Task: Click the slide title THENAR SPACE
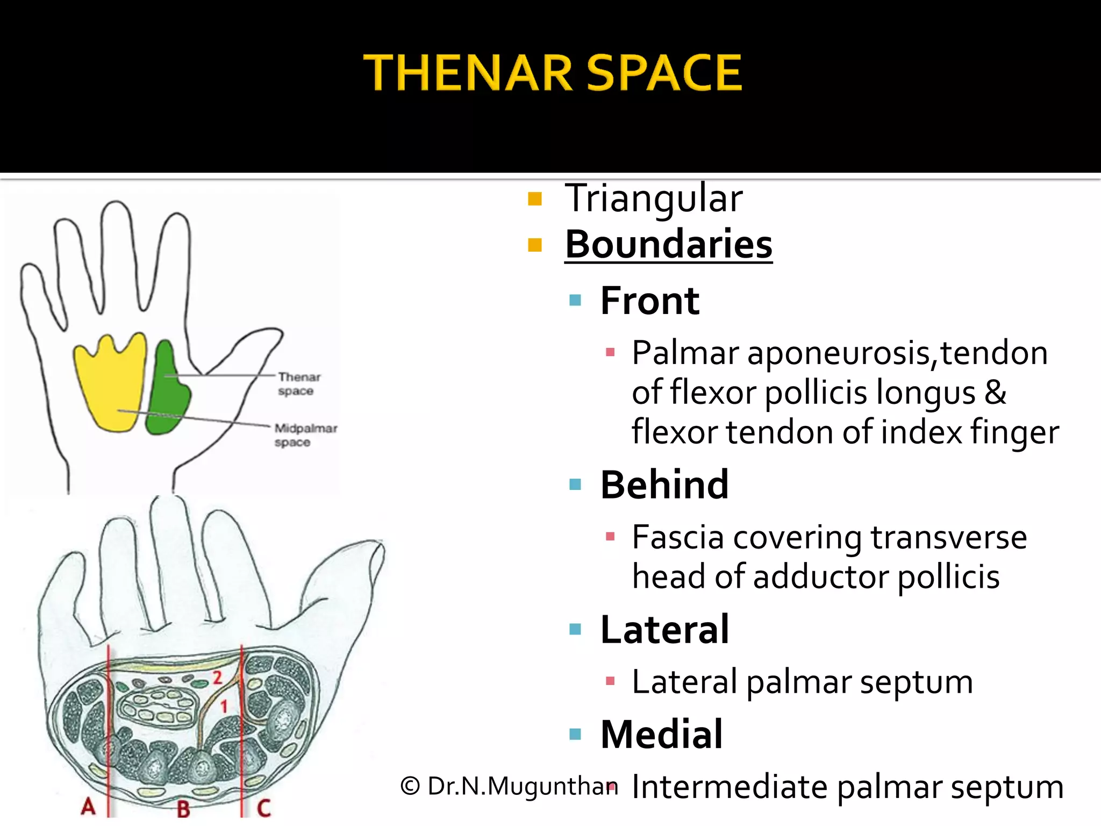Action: pos(553,73)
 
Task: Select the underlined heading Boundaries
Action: pos(668,245)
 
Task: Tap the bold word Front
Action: pos(649,301)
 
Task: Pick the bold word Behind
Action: pos(664,485)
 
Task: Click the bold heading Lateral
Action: pos(664,630)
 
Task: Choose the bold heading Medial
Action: pos(661,735)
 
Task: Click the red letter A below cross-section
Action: pos(89,806)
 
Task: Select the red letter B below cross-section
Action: pos(183,808)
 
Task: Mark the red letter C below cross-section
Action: pos(263,807)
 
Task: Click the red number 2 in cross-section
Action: pos(217,677)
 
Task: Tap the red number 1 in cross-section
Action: pos(224,706)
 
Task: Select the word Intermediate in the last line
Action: pos(730,787)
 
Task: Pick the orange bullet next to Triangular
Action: pos(534,200)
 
